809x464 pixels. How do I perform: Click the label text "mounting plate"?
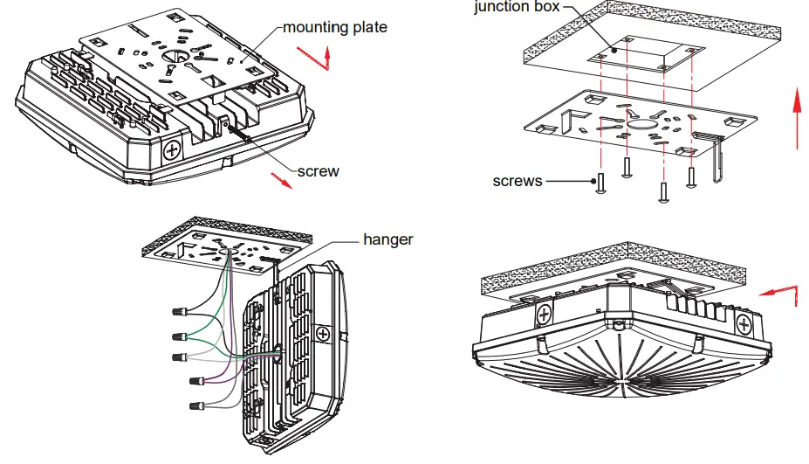[x=335, y=28]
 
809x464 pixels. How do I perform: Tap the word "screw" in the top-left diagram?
[x=318, y=171]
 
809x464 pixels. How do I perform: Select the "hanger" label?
[x=388, y=239]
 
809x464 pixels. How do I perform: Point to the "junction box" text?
[x=514, y=8]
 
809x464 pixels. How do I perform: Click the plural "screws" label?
[x=518, y=182]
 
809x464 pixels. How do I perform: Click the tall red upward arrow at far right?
[x=796, y=118]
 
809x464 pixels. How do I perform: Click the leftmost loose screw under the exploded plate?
[x=600, y=185]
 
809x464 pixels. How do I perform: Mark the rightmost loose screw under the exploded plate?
[x=693, y=177]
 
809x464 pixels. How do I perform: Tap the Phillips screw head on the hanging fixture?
[x=324, y=334]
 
